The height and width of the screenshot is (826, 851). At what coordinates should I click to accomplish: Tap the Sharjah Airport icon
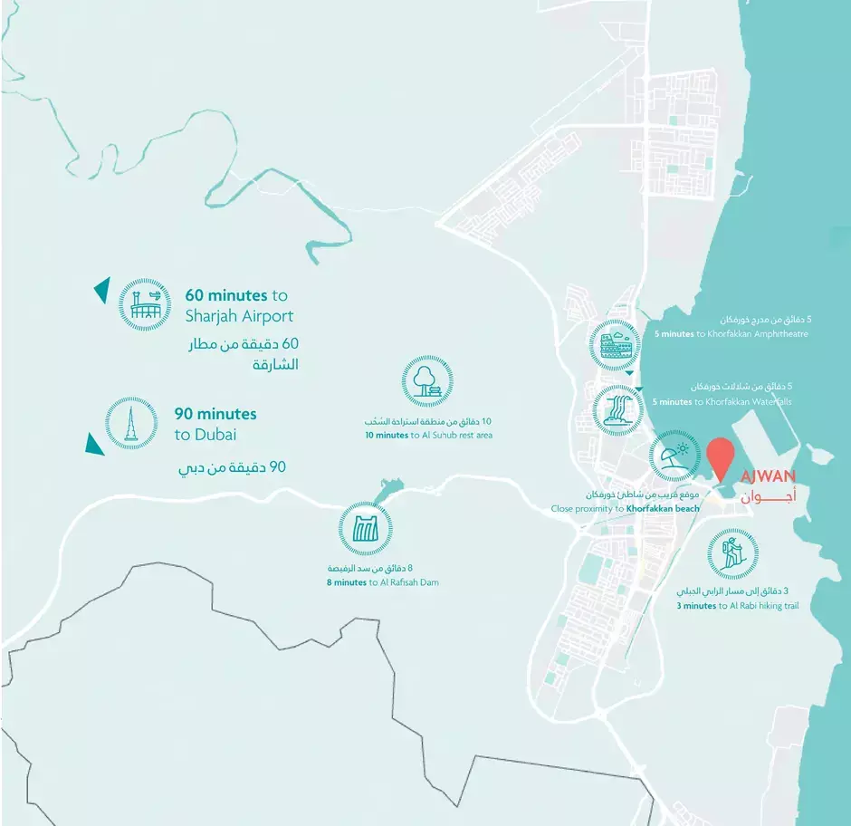[x=145, y=303]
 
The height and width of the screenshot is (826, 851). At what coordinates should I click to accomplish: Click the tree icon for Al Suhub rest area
[x=427, y=381]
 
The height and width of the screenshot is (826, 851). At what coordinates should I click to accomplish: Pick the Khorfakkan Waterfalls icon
[x=619, y=408]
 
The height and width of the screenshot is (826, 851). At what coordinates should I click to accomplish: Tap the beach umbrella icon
[x=674, y=456]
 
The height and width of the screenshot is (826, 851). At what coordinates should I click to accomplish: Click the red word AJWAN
[x=768, y=476]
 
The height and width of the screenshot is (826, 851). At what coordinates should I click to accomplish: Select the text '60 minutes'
[x=226, y=295]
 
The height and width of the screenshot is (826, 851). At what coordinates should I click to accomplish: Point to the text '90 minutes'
[x=215, y=414]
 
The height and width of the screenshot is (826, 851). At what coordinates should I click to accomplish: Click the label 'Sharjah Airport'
[x=239, y=316]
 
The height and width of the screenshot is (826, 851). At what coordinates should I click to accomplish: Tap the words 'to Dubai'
[x=206, y=435]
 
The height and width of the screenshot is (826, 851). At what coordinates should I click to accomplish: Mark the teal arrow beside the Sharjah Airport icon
[x=101, y=291]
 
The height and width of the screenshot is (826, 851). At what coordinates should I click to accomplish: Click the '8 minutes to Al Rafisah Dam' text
[x=382, y=582]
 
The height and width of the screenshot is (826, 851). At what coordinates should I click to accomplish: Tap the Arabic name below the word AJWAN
[x=769, y=497]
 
